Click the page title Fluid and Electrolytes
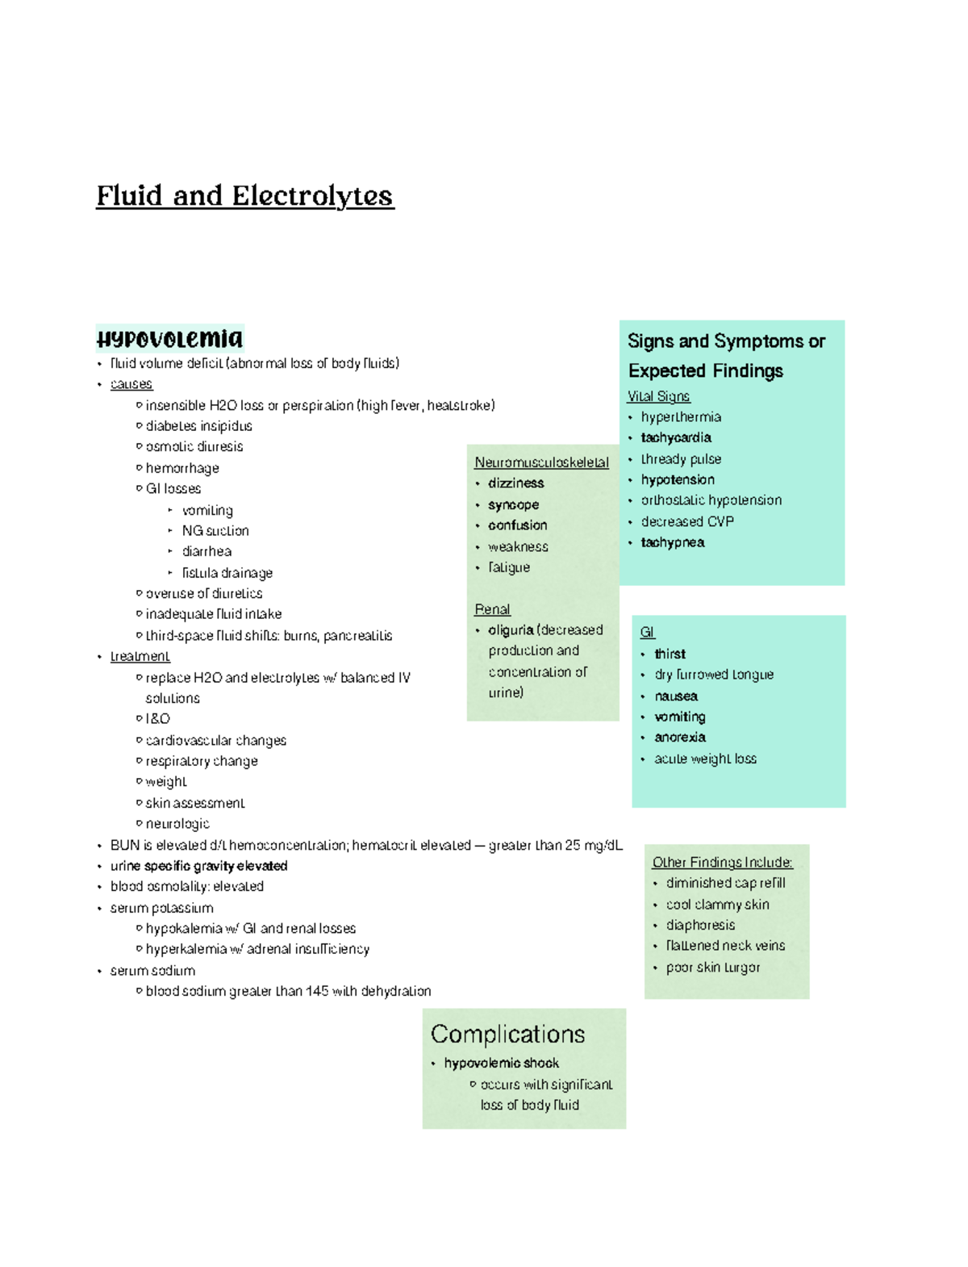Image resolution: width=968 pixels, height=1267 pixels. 244,196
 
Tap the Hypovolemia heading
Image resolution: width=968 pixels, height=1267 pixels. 169,338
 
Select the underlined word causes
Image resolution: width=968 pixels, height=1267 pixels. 131,384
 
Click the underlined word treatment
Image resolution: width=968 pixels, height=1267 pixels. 140,656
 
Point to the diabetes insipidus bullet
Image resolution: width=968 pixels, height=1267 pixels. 198,426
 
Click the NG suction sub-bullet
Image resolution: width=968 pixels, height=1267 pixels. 215,531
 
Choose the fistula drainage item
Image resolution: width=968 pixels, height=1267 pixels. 227,573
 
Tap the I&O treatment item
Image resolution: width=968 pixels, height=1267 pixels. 157,718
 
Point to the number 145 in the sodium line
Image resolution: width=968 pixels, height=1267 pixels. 317,991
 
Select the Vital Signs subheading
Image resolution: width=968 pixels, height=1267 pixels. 658,396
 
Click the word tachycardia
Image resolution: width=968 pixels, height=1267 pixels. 676,437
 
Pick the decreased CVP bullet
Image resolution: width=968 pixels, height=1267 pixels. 687,521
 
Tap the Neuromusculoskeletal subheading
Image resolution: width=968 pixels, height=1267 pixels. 541,462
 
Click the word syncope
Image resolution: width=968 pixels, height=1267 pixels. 513,504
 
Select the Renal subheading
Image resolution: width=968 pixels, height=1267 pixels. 492,609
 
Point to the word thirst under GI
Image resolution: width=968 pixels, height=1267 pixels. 670,654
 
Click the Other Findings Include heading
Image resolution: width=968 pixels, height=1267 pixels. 722,862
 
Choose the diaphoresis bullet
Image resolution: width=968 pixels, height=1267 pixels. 700,925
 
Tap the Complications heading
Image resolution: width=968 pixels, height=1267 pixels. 507,1034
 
